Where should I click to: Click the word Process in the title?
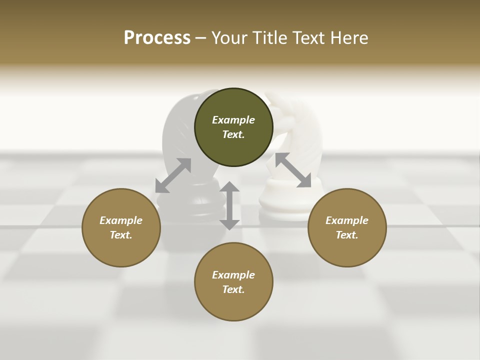coord(157,38)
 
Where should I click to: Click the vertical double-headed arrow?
coord(229,205)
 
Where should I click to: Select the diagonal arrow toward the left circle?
coord(173,175)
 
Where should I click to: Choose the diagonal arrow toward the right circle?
coord(293,170)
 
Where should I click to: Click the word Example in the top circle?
coord(233,120)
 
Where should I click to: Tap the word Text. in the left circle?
coord(121,235)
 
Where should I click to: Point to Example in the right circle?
coord(347,220)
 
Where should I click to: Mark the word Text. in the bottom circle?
coord(233,289)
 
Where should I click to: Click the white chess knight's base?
coord(282,205)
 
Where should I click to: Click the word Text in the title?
coord(310,38)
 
